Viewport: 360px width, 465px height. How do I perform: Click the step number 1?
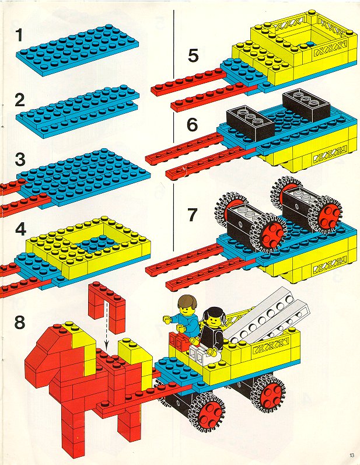point(19,34)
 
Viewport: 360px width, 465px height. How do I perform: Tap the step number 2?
point(20,100)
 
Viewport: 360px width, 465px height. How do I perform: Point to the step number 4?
point(20,229)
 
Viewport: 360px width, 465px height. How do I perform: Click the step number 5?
point(193,55)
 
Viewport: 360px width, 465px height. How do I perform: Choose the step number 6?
point(193,124)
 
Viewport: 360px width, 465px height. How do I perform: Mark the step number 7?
point(192,215)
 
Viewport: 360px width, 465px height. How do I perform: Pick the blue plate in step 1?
point(78,49)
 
